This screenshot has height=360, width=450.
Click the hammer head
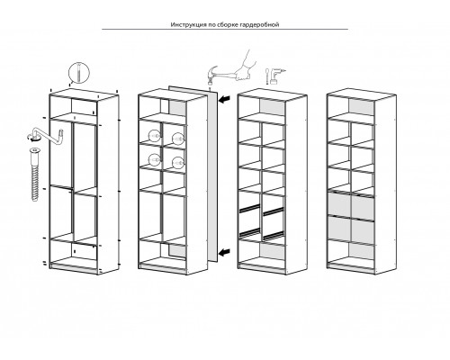pyautogui.click(x=211, y=75)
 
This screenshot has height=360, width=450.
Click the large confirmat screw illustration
pyautogui.click(x=34, y=174)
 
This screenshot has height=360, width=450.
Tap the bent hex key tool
pyautogui.click(x=49, y=136)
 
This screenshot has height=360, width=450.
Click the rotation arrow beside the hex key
pyautogui.click(x=31, y=138)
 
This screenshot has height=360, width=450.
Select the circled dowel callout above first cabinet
pyautogui.click(x=79, y=73)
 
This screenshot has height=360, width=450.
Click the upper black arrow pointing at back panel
pyautogui.click(x=224, y=99)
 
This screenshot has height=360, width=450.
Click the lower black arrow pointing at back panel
pyautogui.click(x=224, y=253)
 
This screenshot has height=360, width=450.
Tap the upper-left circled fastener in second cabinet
pyautogui.click(x=154, y=136)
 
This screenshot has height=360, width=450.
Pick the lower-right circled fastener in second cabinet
pyautogui.click(x=177, y=163)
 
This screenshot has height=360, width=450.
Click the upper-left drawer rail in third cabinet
pyautogui.click(x=249, y=208)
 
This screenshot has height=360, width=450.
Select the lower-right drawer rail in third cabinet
pyautogui.click(x=274, y=236)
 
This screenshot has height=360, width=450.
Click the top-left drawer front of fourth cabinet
pyautogui.click(x=339, y=204)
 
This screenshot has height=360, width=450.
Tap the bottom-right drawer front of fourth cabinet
pyautogui.click(x=363, y=230)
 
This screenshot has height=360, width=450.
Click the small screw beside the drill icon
pyautogui.click(x=267, y=76)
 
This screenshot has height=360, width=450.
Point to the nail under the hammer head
pyautogui.click(x=211, y=87)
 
